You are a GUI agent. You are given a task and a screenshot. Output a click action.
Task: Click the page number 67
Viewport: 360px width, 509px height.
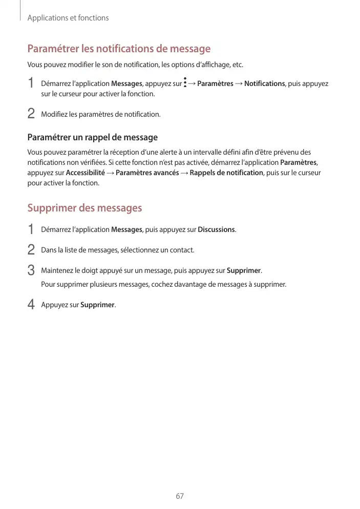pyautogui.click(x=179, y=496)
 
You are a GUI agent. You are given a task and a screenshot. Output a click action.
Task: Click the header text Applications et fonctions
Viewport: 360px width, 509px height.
pyautogui.click(x=68, y=18)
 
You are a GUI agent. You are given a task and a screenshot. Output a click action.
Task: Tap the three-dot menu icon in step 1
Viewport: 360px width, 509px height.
pyautogui.click(x=185, y=83)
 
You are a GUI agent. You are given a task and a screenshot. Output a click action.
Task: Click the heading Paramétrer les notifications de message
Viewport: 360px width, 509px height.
pyautogui.click(x=119, y=49)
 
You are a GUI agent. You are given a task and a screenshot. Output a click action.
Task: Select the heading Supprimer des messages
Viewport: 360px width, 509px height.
pyautogui.click(x=84, y=208)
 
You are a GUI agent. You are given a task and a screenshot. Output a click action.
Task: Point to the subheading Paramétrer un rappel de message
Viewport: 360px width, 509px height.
pyautogui.click(x=92, y=137)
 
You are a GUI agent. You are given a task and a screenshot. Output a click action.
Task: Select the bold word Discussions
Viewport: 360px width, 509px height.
pyautogui.click(x=217, y=229)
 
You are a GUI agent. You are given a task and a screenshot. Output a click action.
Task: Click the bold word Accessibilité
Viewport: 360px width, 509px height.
pyautogui.click(x=86, y=173)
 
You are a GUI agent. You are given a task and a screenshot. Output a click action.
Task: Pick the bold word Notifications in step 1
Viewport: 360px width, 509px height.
pyautogui.click(x=264, y=83)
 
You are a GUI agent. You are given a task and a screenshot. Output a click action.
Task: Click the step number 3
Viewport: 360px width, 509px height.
pyautogui.click(x=31, y=270)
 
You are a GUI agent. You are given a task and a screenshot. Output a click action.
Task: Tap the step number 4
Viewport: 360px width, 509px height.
pyautogui.click(x=31, y=305)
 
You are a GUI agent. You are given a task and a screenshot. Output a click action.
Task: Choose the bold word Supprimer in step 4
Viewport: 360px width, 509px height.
pyautogui.click(x=97, y=305)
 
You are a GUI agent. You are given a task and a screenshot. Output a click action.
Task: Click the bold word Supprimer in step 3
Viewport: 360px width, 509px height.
pyautogui.click(x=244, y=270)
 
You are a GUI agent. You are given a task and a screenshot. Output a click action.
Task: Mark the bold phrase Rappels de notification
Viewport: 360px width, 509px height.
pyautogui.click(x=226, y=173)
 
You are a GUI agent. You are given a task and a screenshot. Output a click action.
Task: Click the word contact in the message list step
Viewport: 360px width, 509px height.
pyautogui.click(x=181, y=250)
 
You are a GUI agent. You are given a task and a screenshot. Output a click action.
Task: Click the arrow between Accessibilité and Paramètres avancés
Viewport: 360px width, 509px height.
pyautogui.click(x=110, y=173)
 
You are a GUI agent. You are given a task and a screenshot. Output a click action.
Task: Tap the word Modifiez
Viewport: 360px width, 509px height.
pyautogui.click(x=54, y=114)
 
